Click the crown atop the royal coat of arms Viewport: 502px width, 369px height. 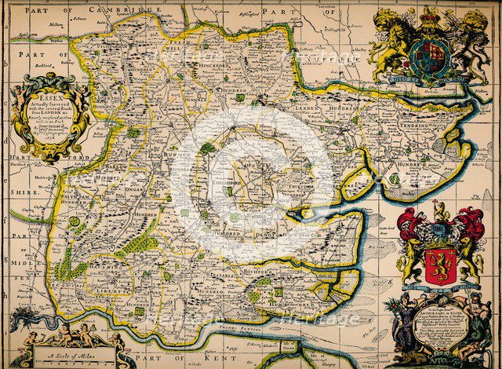tap(430, 15)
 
